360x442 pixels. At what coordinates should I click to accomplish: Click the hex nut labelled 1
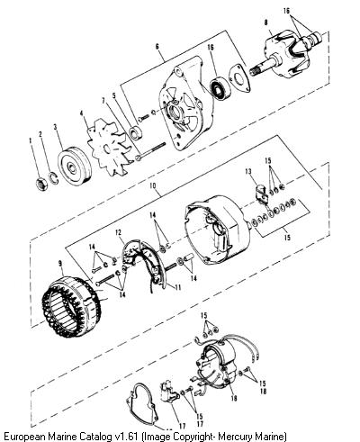pos(41,184)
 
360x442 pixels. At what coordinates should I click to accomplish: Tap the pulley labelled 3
pos(74,167)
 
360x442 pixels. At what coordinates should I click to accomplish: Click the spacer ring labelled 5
pos(136,132)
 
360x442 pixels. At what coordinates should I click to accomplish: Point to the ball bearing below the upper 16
pos(220,89)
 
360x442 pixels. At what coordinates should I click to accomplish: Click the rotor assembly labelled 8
pos(285,56)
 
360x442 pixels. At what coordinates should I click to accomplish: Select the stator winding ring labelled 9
pos(72,300)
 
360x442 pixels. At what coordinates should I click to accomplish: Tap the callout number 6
pos(157,47)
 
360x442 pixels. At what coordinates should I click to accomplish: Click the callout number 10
pos(153,185)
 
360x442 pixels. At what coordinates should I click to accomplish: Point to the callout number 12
pos(118,232)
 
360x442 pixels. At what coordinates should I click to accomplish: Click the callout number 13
pos(247,172)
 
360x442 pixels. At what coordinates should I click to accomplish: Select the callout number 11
pos(178,287)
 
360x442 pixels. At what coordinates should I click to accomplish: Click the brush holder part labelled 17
pos(169,392)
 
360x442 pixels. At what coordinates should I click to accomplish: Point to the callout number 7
pos(103,101)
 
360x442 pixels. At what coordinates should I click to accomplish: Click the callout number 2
pos(40,134)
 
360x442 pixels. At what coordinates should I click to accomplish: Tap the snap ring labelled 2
pos(53,177)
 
